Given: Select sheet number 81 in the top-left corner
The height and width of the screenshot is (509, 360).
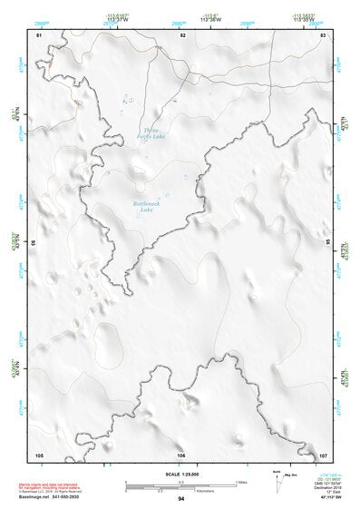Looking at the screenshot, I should tap(39, 34).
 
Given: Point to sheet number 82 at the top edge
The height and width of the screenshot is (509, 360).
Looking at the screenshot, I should tap(182, 34).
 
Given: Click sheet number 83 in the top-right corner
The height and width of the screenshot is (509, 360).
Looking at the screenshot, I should tap(323, 34).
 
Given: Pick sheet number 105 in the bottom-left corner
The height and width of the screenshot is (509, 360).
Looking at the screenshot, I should tap(39, 454).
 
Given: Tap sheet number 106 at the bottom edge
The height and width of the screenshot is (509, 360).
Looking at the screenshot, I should tap(181, 454).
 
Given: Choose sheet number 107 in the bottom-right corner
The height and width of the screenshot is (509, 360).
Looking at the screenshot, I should tap(322, 454).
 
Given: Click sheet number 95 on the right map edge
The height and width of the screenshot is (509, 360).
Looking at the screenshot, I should tap(329, 243).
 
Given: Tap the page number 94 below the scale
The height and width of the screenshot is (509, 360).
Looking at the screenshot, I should tap(181, 498).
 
